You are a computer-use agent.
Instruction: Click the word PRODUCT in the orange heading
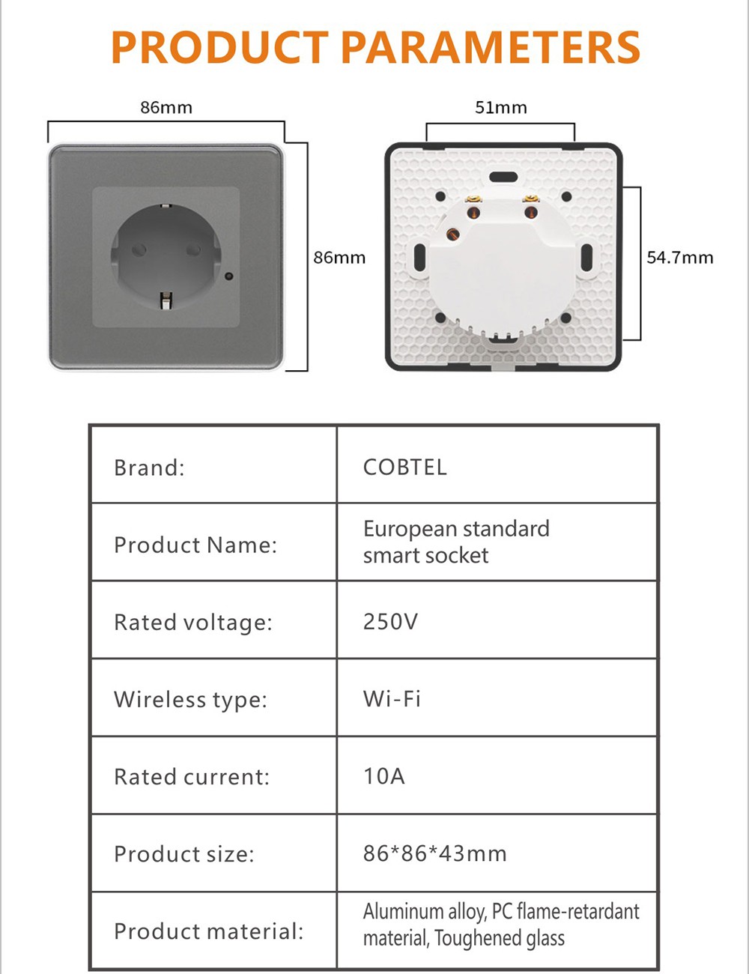click(x=220, y=47)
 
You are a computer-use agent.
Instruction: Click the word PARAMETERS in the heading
click(x=491, y=47)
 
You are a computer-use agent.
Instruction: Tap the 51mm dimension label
click(x=501, y=108)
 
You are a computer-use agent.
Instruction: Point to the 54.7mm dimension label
click(x=679, y=258)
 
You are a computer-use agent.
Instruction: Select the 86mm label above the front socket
click(x=166, y=108)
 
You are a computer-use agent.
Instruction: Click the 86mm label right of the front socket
click(x=339, y=258)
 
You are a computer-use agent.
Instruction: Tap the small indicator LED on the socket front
click(x=230, y=276)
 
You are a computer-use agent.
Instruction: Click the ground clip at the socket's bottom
click(x=166, y=300)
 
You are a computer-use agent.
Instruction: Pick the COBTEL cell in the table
click(x=404, y=467)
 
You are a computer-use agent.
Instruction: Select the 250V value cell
click(x=390, y=622)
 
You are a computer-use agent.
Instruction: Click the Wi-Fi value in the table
click(x=392, y=699)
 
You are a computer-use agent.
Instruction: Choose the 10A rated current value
click(x=384, y=776)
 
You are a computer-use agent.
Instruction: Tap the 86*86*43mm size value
click(x=434, y=853)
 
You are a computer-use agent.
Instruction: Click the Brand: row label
click(x=149, y=468)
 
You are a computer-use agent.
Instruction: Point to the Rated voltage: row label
click(x=193, y=623)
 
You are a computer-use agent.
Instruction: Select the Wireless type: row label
click(x=190, y=700)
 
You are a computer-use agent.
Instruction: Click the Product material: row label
click(x=209, y=931)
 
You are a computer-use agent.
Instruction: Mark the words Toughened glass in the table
click(x=499, y=939)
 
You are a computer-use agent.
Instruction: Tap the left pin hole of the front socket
click(x=139, y=249)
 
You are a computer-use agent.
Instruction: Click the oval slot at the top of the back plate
click(x=503, y=177)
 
